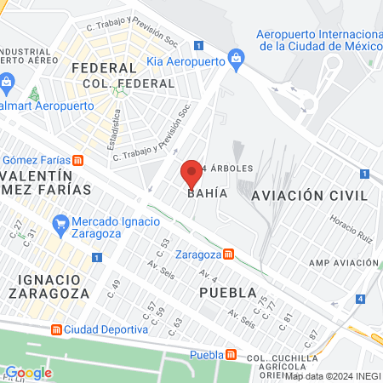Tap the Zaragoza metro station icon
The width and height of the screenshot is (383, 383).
tap(228, 254)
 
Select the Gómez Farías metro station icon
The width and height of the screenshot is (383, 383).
tap(78, 159)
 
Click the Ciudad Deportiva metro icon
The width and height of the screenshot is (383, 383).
tap(56, 329)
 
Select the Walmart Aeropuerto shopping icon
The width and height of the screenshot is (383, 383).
tap(8, 83)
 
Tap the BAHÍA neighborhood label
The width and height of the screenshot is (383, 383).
tap(207, 193)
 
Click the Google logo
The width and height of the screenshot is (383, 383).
tap(28, 372)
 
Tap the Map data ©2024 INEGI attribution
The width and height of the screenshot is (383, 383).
tap(333, 375)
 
